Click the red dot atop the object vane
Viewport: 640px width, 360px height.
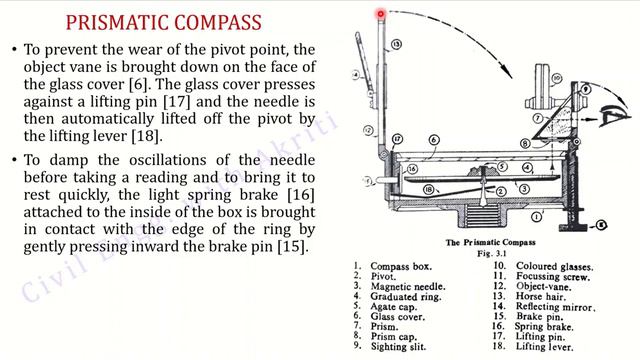click(x=381, y=14)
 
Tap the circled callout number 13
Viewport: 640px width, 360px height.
click(x=396, y=45)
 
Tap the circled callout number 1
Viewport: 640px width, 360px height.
click(x=537, y=215)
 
